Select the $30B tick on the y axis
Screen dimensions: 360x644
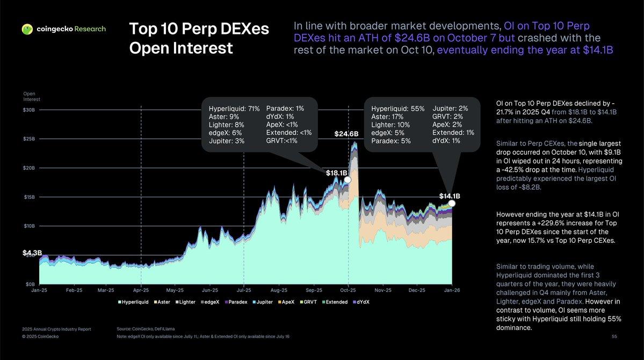[x=30, y=110]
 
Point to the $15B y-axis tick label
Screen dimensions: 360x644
[x=30, y=197]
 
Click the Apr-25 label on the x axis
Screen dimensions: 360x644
[x=141, y=290]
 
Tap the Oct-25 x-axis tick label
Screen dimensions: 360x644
[x=349, y=290]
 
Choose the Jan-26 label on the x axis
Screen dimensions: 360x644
[x=452, y=290]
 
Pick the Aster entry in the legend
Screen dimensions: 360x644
[x=163, y=302]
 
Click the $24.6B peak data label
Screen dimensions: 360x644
[x=346, y=134]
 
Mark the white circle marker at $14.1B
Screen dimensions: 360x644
[x=452, y=203]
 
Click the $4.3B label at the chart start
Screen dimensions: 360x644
[x=32, y=252]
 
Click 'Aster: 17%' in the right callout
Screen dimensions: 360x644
[x=388, y=116]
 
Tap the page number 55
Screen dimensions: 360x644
[x=614, y=336]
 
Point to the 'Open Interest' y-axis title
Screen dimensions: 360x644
[x=32, y=97]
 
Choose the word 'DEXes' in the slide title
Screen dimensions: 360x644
[x=241, y=30]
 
